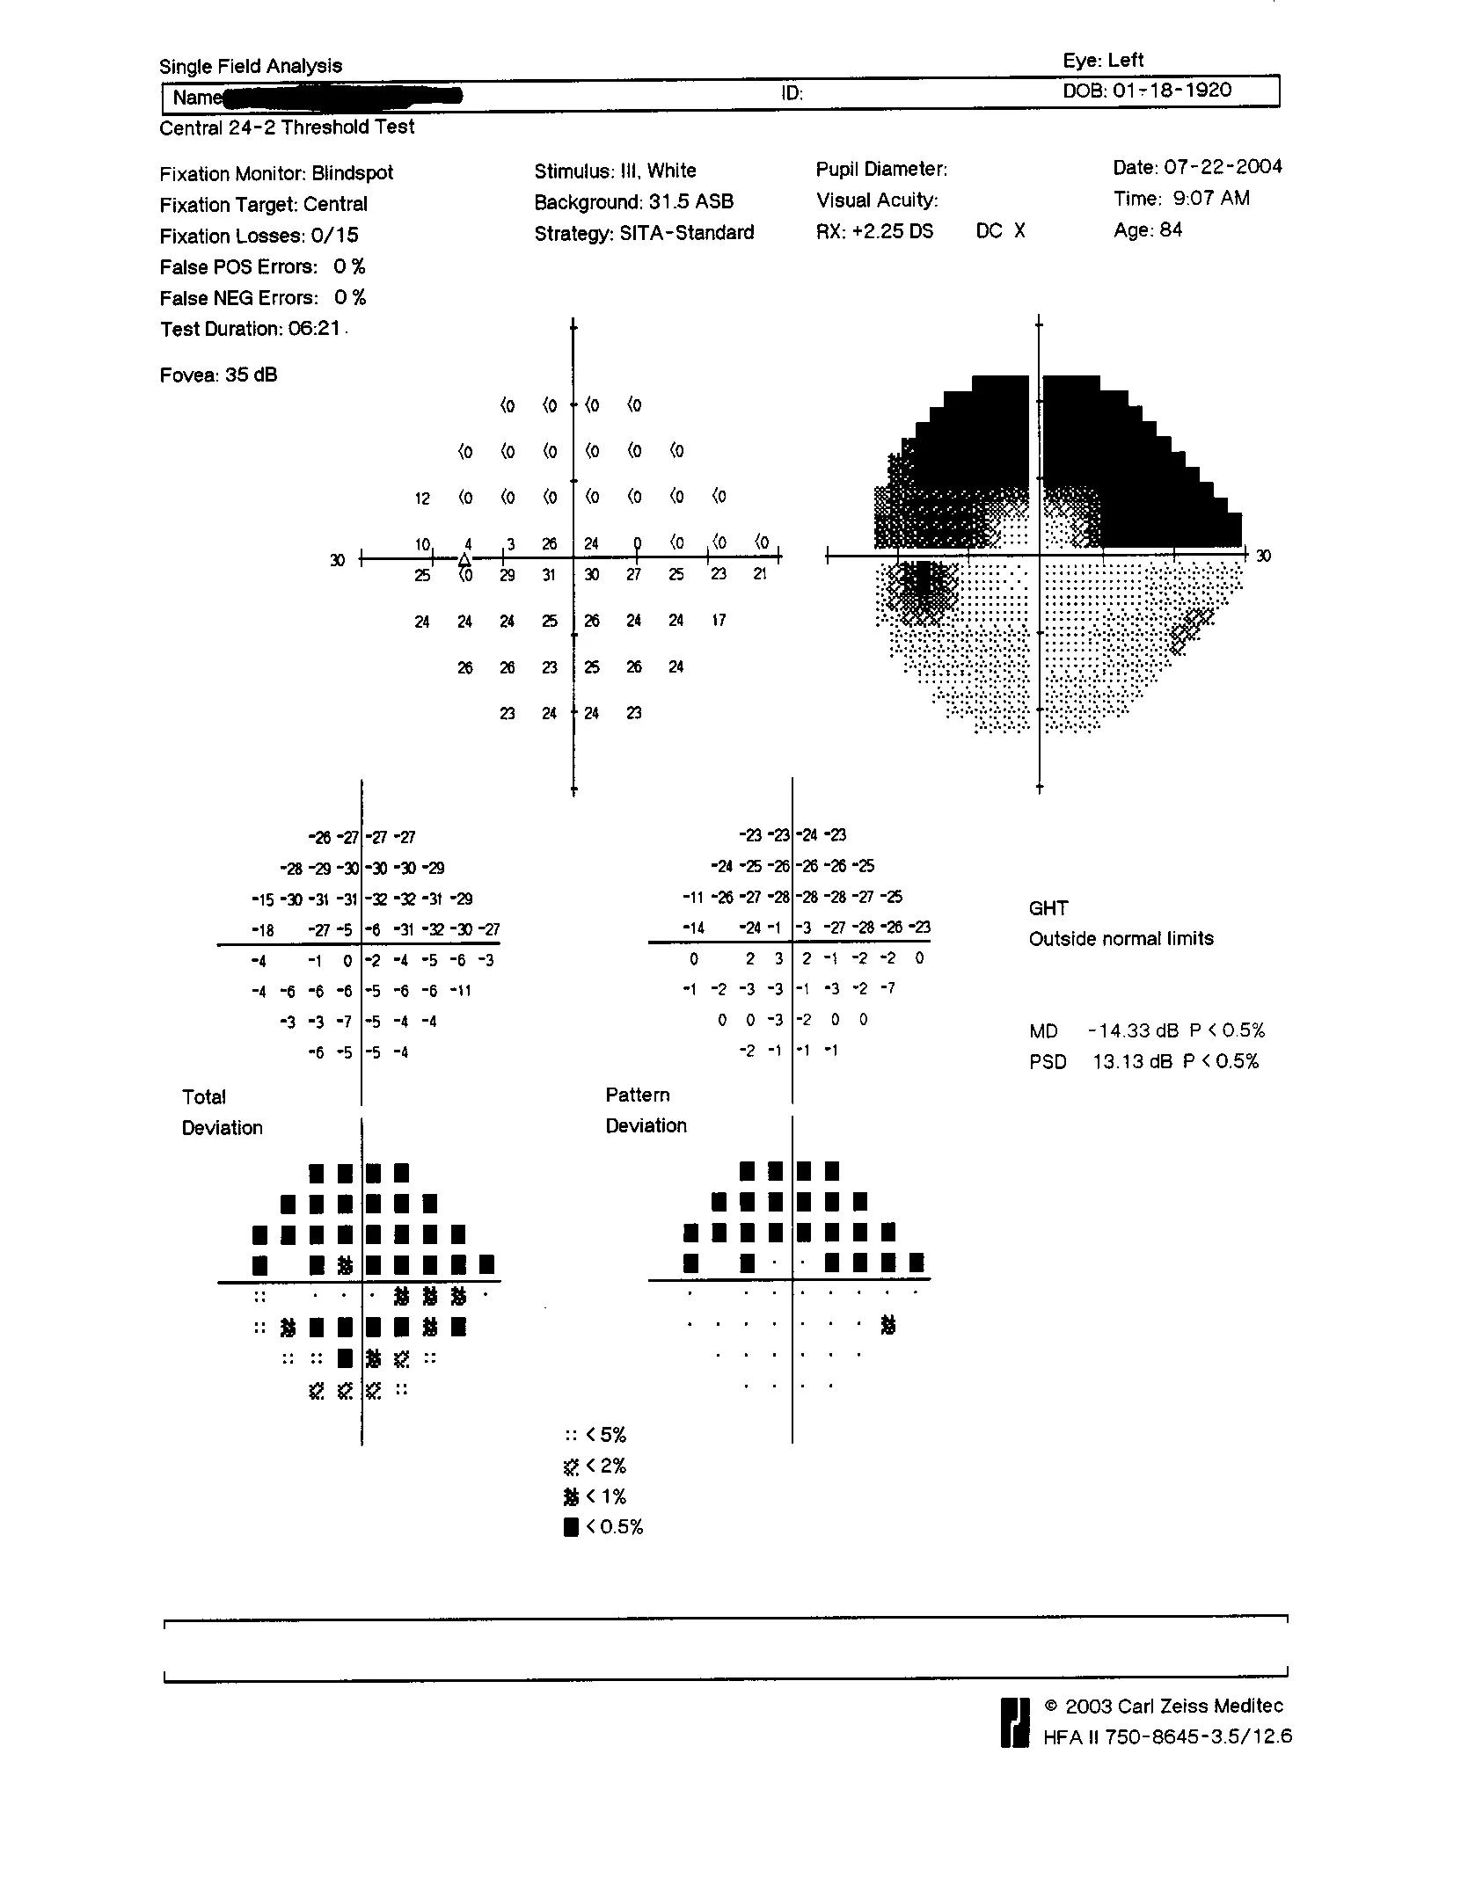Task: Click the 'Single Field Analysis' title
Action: (250, 66)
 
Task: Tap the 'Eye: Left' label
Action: (1102, 60)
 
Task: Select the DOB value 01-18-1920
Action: (1172, 90)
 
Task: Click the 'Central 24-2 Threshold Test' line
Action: (286, 127)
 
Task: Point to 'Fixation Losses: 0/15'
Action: (259, 236)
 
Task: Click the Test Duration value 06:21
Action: (314, 329)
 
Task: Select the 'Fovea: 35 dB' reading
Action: (218, 375)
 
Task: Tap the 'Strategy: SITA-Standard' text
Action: (644, 233)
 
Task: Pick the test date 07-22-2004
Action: (1223, 167)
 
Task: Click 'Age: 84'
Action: (1148, 230)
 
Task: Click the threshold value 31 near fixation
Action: (549, 575)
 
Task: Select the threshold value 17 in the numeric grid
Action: (719, 621)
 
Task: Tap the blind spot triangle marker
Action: (464, 560)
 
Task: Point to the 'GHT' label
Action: (1048, 908)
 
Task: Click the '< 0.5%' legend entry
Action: (604, 1526)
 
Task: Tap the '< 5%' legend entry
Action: (596, 1435)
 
